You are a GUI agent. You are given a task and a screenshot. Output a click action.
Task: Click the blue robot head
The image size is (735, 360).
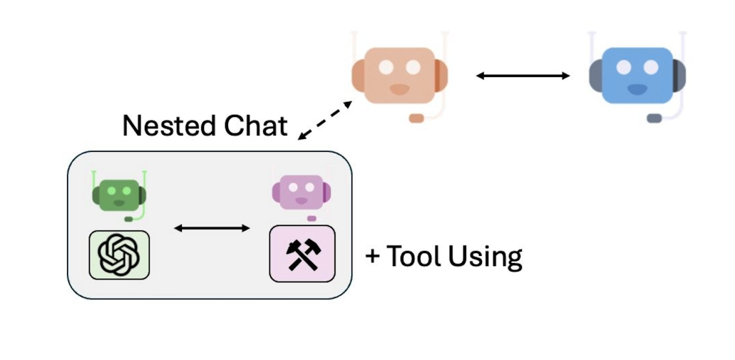point(637,76)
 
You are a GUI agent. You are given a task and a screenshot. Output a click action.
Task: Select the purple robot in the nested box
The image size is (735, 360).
point(299,194)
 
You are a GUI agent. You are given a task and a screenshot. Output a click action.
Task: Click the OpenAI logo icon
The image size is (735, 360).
point(119,254)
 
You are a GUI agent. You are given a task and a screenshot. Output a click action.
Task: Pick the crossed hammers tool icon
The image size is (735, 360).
point(302,254)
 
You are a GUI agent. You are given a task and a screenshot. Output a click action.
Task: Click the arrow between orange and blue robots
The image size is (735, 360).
point(523,75)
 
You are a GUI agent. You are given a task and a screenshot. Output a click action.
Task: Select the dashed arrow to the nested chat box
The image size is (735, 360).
point(325,120)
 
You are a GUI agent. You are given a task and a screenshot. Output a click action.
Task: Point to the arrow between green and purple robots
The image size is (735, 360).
point(212,228)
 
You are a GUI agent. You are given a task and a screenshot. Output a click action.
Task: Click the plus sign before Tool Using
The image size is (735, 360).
point(373,257)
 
